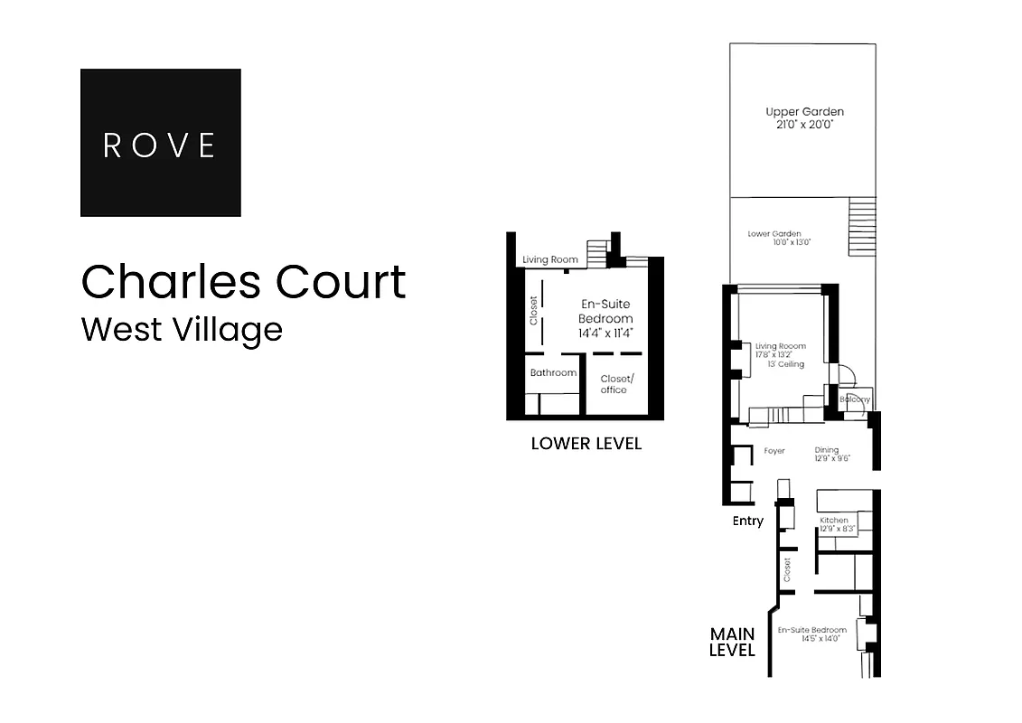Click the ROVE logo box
tap(161, 143)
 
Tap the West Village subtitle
tap(182, 328)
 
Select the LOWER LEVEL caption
tap(586, 444)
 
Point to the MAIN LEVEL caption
tap(732, 642)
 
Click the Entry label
tap(747, 521)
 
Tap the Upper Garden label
tap(804, 112)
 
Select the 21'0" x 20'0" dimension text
tap(804, 125)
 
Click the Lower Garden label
tap(774, 234)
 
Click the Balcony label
tap(855, 399)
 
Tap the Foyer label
tap(774, 450)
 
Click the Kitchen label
tap(833, 521)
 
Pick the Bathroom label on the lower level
tap(553, 372)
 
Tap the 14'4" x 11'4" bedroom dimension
tap(605, 333)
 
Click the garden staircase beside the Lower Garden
tap(862, 227)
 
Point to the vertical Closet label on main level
tap(787, 568)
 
